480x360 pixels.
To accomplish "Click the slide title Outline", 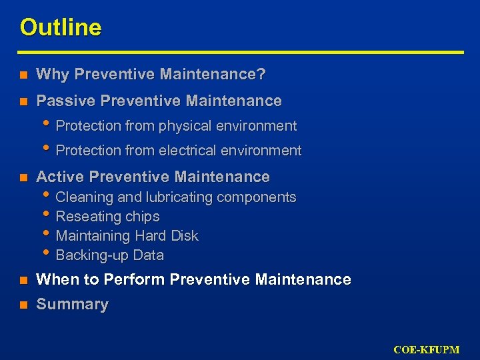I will pos(61,28).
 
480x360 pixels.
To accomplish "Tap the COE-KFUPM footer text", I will pos(435,349).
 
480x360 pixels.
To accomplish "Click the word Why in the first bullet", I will pos(52,75).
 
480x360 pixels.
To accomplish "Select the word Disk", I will pos(185,236).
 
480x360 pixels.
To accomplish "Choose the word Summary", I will pos(72,305).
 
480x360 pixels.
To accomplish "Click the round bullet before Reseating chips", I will pos(47,215).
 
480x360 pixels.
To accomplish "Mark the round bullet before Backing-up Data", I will pos(47,253).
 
